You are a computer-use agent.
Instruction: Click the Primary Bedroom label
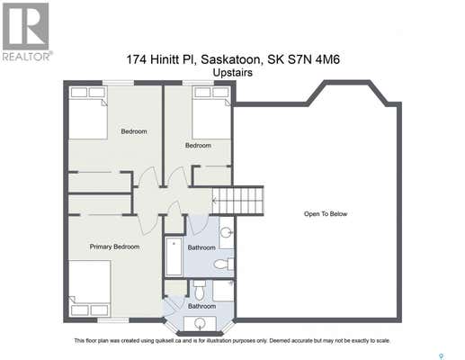114,247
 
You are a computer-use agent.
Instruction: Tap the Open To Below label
326,214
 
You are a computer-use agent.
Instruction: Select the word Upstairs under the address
233,73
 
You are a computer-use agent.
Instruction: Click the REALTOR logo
26,31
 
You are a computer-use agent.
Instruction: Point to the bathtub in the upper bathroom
174,256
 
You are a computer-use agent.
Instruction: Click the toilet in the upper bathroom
224,265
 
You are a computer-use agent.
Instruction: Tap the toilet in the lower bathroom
199,290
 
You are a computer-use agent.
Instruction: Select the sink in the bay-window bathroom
200,324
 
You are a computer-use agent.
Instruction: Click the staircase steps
237,200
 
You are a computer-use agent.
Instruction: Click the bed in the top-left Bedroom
88,112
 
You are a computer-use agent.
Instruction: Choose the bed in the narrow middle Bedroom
211,112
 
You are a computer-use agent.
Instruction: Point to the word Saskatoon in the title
230,59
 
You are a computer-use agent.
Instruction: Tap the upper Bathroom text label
201,247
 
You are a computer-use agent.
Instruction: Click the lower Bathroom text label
201,306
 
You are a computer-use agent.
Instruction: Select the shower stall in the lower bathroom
223,291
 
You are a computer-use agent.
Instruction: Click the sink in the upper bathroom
227,233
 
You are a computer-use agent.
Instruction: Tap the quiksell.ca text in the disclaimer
166,341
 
